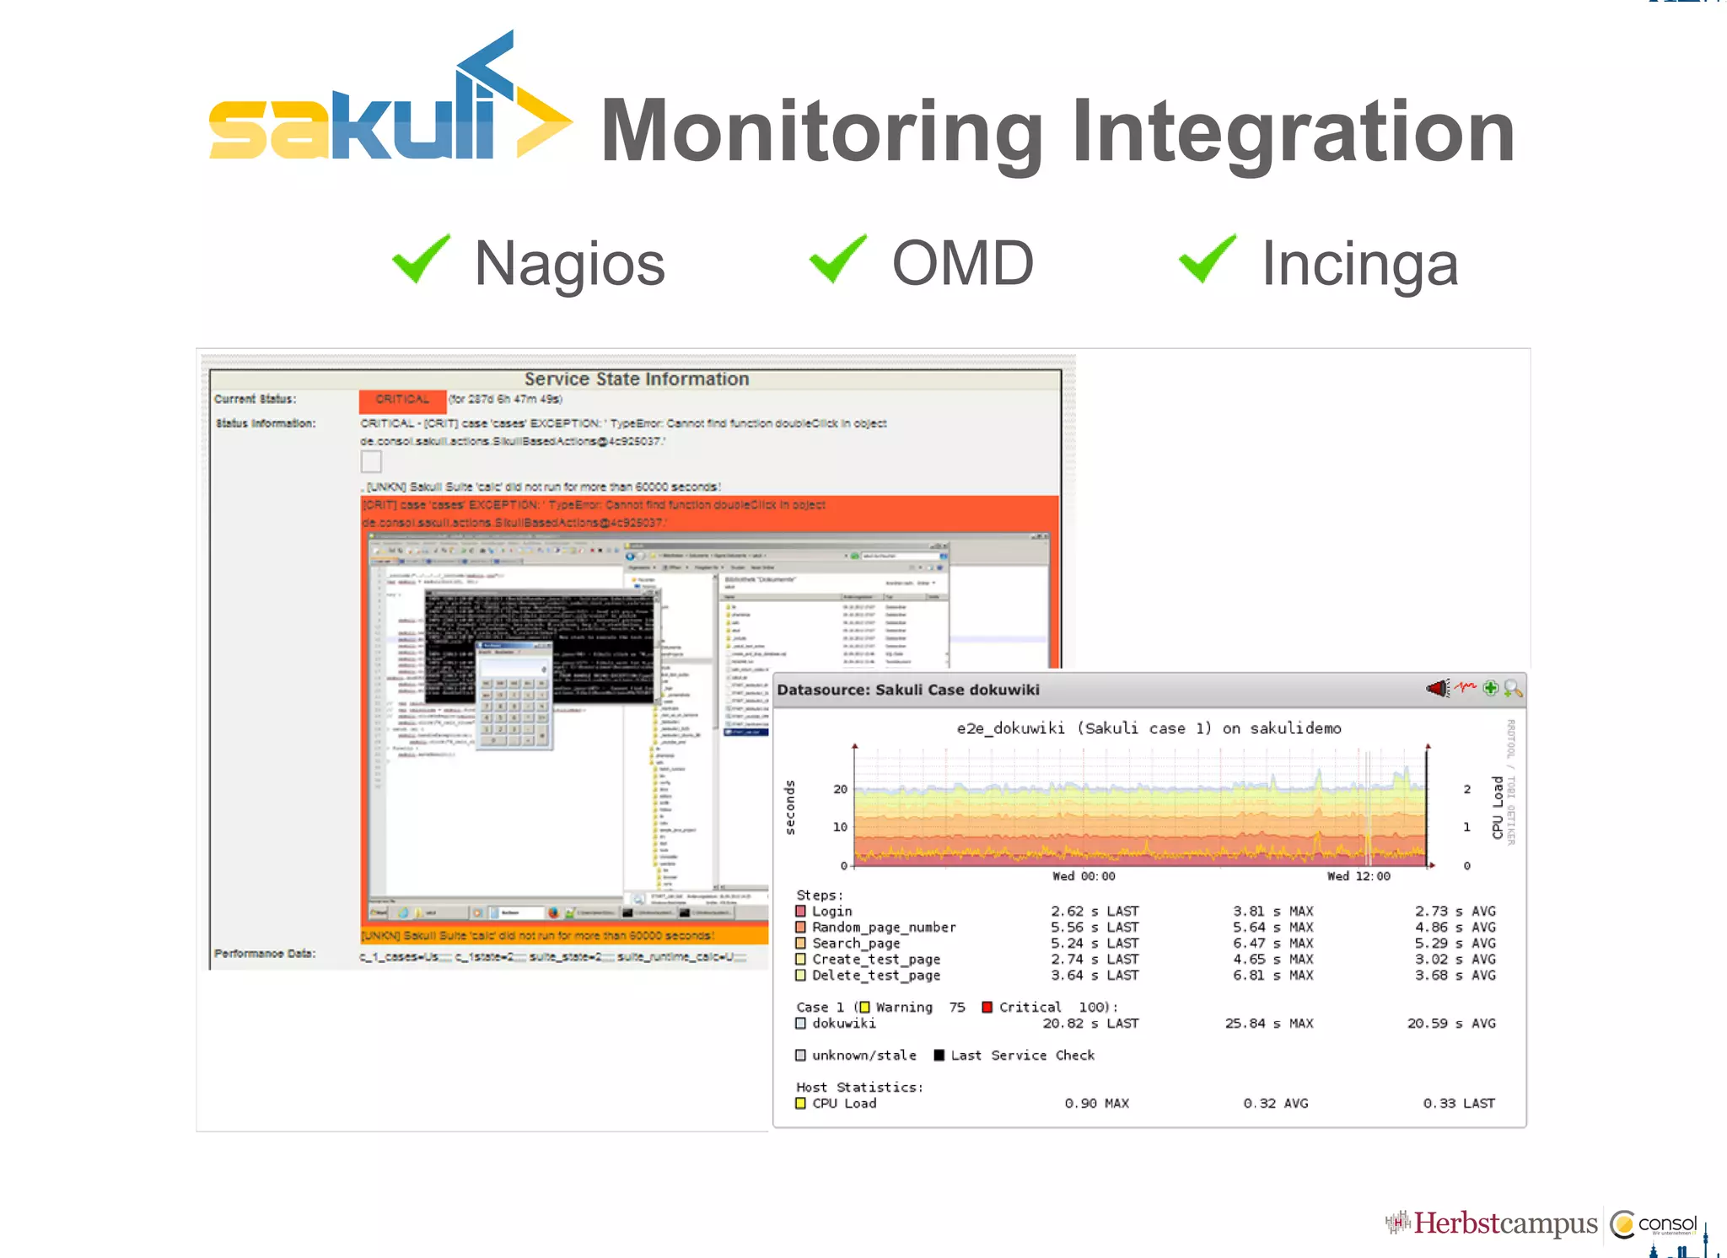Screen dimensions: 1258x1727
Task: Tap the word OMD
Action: tap(962, 263)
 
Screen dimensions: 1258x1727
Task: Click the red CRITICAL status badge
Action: tap(402, 400)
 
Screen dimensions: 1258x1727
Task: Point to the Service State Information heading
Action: tap(636, 379)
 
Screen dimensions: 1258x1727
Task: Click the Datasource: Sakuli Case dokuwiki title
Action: tap(907, 690)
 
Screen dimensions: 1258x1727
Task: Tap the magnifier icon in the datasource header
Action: tap(1513, 689)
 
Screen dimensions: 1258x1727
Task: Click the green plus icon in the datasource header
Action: tap(1491, 689)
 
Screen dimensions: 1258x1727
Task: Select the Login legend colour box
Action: tap(801, 911)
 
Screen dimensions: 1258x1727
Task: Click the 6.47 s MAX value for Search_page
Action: tap(1272, 943)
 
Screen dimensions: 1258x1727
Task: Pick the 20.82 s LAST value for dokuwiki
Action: tap(1089, 1024)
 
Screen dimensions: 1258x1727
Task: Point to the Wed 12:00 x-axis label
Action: tap(1358, 877)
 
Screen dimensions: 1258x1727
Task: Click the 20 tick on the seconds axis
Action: tap(840, 789)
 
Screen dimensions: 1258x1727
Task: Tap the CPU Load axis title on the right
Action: tap(1498, 807)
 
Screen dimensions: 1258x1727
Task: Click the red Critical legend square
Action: tap(987, 1008)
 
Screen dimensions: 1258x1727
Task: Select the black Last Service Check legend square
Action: tap(939, 1056)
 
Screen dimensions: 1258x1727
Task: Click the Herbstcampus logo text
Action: tap(1504, 1223)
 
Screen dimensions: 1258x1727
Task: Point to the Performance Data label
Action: tap(265, 954)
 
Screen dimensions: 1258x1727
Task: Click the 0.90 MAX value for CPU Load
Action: tap(1096, 1104)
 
